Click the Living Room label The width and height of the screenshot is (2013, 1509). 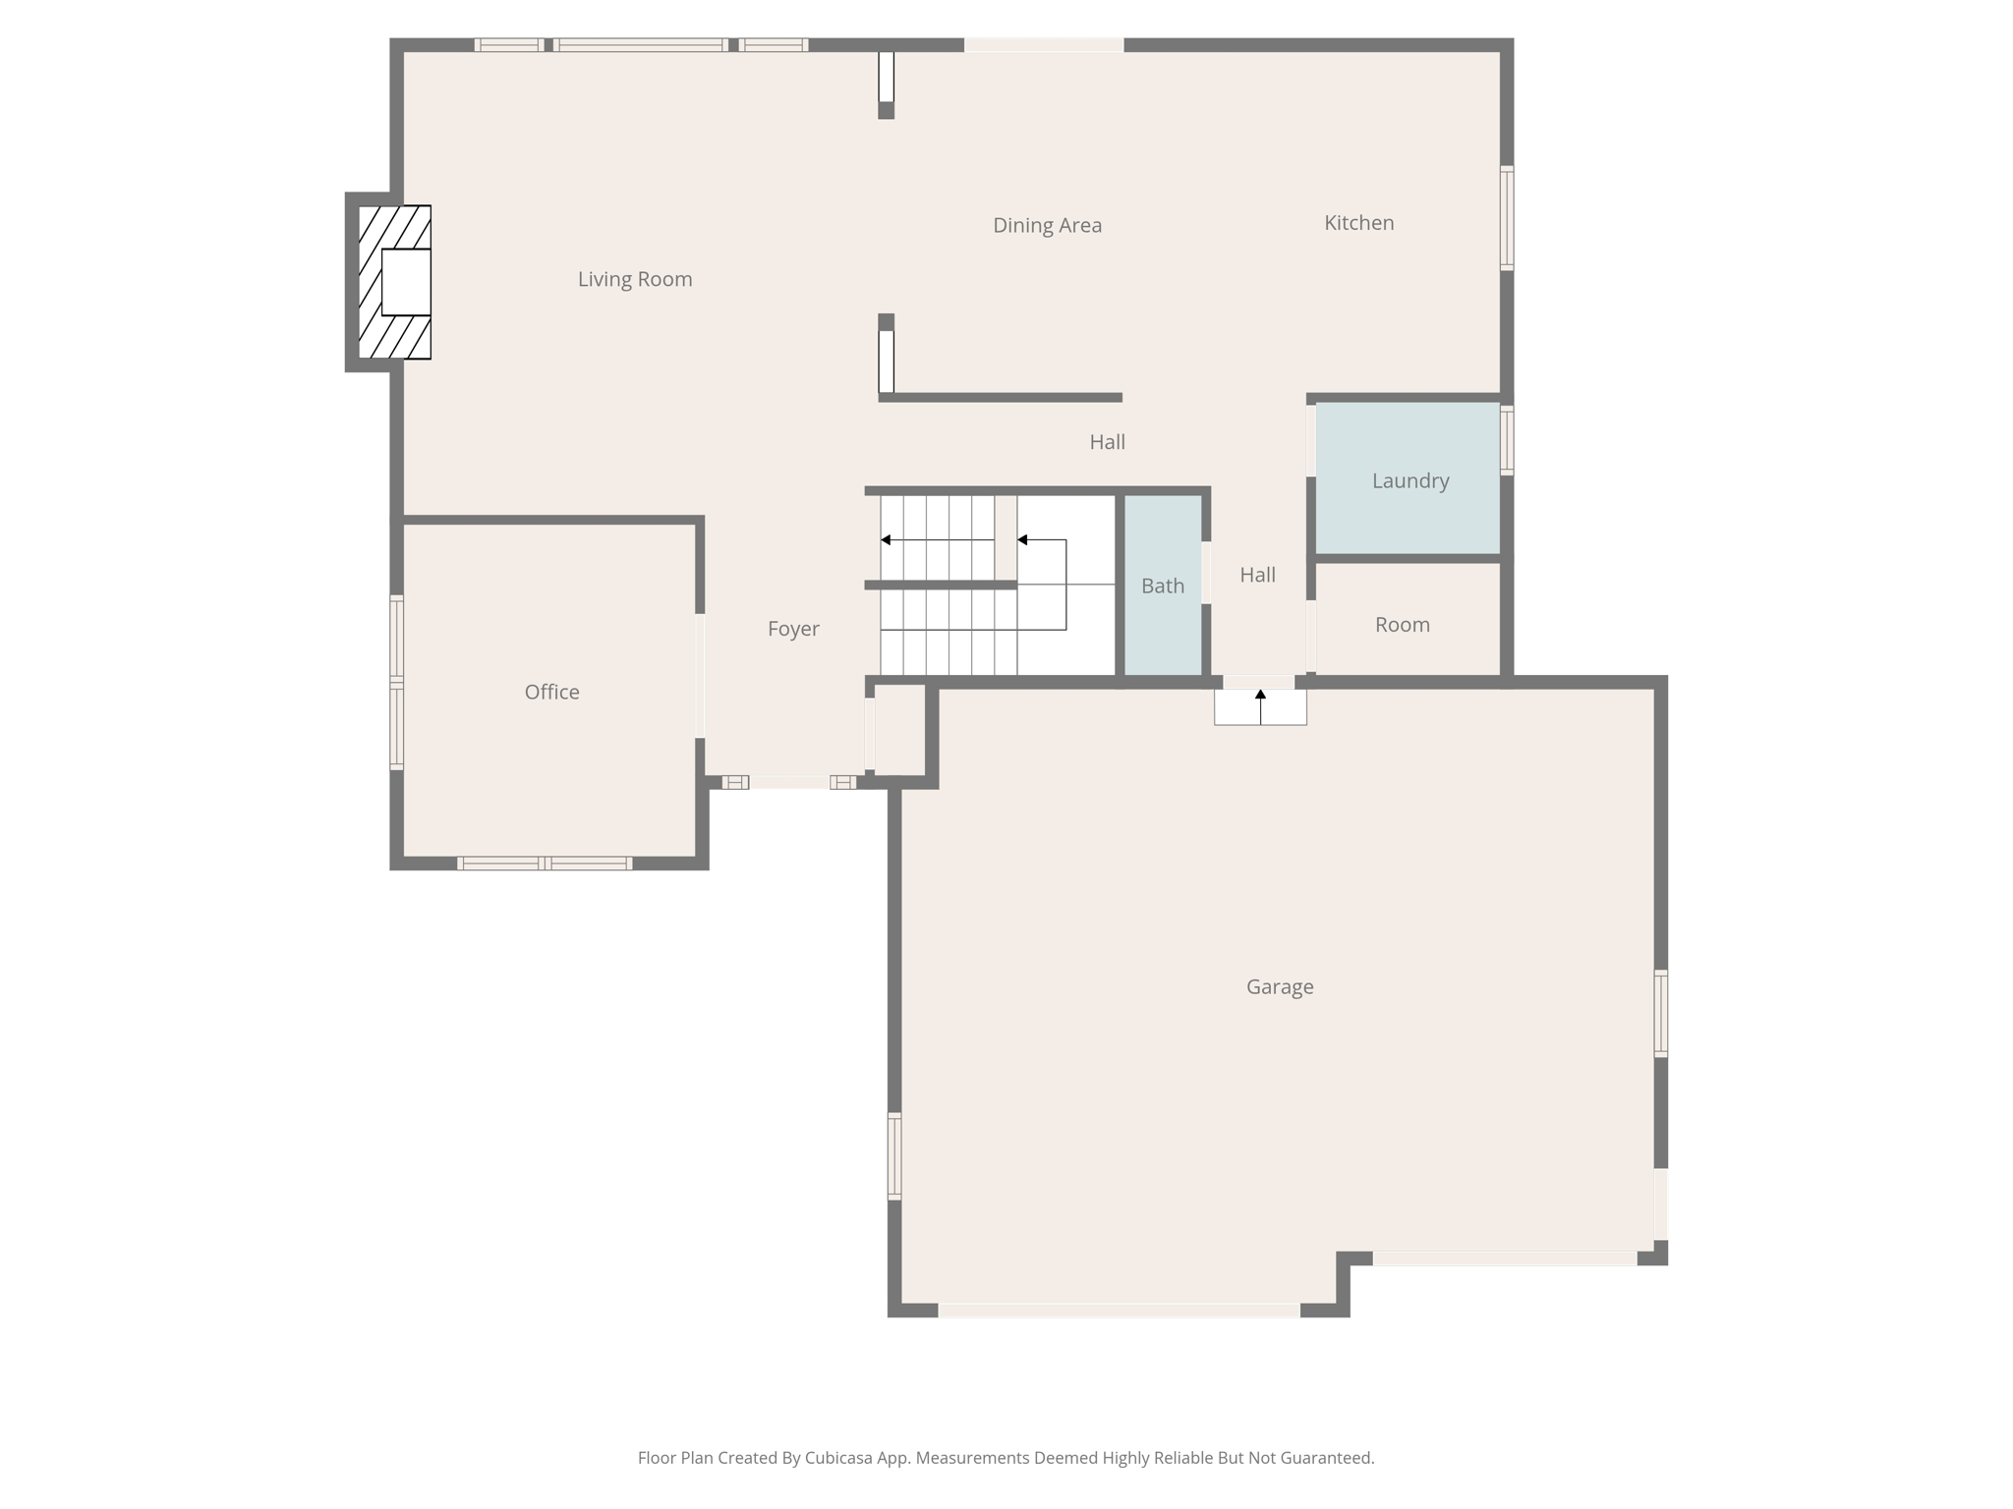coord(635,280)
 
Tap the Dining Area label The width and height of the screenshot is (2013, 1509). coord(1047,226)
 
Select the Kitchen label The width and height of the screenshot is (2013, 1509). coord(1358,223)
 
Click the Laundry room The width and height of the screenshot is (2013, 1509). coord(1409,480)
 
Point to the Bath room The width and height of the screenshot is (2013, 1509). coord(1163,587)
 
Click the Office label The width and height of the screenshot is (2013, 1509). coord(551,693)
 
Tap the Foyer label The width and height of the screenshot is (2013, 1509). coord(793,630)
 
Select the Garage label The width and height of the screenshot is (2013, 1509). coord(1279,987)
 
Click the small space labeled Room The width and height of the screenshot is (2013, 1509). coord(1402,625)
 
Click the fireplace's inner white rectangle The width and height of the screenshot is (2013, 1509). coord(406,282)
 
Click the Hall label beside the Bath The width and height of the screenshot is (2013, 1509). coord(1257,576)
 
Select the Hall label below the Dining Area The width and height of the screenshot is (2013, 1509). coord(1107,443)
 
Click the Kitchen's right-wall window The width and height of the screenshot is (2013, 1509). coord(1506,218)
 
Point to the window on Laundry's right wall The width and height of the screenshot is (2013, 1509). coord(1506,440)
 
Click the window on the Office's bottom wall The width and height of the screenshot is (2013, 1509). coord(545,864)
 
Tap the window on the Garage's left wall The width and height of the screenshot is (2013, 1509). coord(894,1155)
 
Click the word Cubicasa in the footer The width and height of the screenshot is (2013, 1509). coord(839,1458)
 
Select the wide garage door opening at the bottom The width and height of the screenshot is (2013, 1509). coord(1119,1311)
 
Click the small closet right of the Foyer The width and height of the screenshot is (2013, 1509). coord(899,729)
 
